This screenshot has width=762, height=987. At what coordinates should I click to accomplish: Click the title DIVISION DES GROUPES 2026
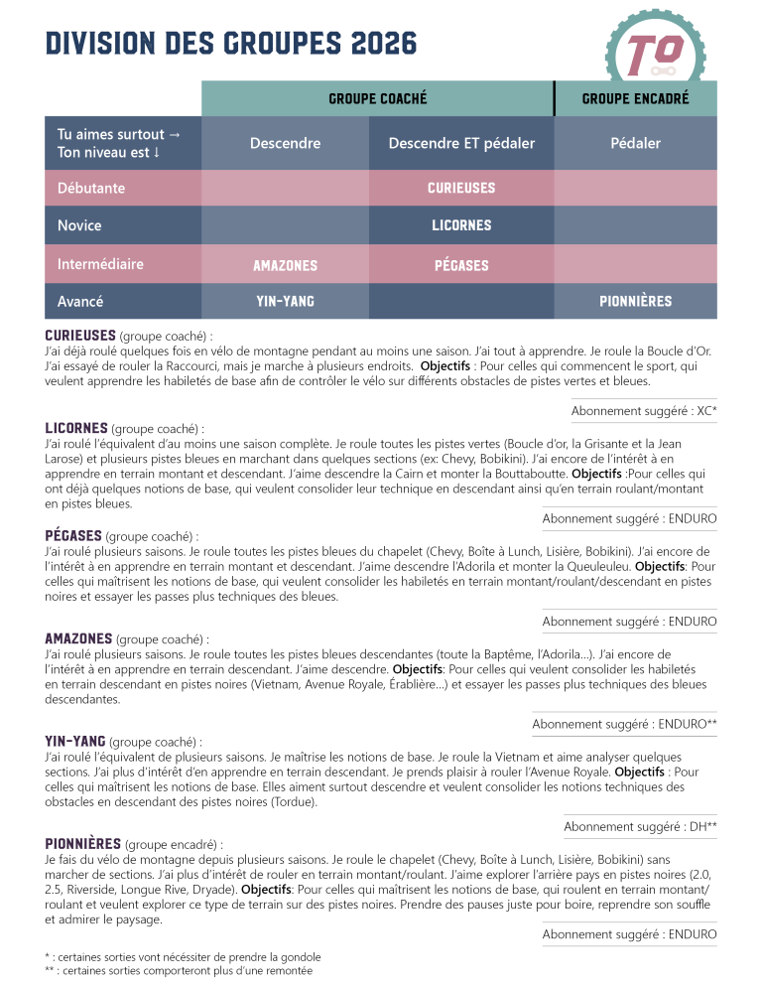pos(231,44)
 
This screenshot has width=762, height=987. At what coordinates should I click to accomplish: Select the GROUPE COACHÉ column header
pos(377,98)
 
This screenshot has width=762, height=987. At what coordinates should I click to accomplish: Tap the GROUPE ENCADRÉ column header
pos(635,98)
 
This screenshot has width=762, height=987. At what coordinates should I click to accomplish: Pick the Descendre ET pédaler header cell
pos(461,143)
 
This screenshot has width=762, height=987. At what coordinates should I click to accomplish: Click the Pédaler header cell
pos(635,143)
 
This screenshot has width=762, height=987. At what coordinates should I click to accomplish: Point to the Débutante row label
pos(91,188)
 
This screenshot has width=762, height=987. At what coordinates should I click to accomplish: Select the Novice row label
pos(79,225)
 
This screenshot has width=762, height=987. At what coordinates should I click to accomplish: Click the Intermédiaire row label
pos(100,264)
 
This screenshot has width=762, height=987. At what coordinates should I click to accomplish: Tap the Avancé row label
pos(80,301)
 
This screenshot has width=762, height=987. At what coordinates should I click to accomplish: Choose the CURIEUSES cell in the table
pos(461,188)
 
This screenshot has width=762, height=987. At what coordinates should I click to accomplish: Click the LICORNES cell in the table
pos(461,225)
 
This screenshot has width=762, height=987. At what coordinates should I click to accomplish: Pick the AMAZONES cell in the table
pos(285,265)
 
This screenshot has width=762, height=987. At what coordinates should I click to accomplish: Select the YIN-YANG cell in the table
pos(285,301)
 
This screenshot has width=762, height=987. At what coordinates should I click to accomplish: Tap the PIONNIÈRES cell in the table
pos(635,301)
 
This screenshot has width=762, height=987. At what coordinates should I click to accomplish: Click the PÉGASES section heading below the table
pos(73,535)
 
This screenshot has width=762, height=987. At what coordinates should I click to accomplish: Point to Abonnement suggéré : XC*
pos(644,410)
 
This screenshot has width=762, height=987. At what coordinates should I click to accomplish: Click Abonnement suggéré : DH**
pos(640,826)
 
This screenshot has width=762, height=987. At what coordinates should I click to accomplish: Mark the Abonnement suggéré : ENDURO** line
pos(624,724)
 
